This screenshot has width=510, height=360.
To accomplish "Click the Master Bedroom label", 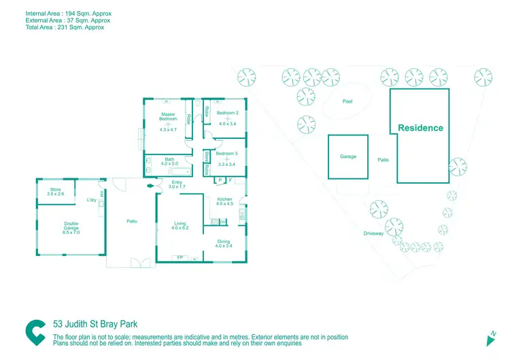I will [168, 116].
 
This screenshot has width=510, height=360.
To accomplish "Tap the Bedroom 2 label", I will [227, 112].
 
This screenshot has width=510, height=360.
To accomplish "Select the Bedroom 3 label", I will [226, 153].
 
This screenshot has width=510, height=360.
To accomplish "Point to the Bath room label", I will [169, 160].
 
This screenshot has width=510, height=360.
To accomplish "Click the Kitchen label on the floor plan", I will [224, 199].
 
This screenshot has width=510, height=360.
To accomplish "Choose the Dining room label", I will [224, 242].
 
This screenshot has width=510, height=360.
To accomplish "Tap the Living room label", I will [180, 223].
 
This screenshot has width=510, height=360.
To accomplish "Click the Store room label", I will [55, 190].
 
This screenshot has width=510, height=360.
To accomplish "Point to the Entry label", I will [177, 182].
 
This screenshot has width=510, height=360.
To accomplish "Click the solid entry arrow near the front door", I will [150, 186].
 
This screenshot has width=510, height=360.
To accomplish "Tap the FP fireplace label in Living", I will [180, 258].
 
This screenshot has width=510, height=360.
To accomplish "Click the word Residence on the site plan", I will [420, 128].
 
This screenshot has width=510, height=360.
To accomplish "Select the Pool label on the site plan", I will [347, 101].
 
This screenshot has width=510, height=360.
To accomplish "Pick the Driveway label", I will [373, 233].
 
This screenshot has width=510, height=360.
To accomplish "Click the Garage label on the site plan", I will [348, 157].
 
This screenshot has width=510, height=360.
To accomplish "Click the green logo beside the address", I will [35, 332].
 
